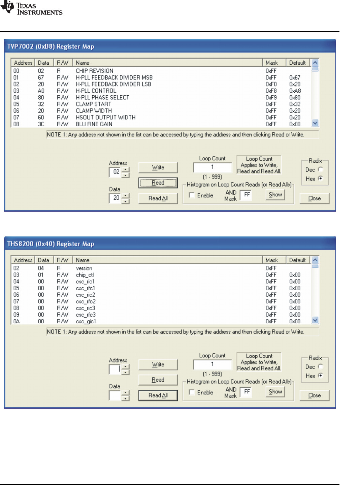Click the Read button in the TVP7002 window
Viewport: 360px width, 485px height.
(x=158, y=183)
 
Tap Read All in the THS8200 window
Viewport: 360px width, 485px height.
(x=158, y=395)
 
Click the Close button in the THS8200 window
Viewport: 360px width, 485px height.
(x=314, y=395)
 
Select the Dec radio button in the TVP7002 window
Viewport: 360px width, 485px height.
(x=320, y=169)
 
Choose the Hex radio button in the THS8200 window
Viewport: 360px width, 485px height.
(x=320, y=376)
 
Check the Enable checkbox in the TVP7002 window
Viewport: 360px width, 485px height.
(x=192, y=195)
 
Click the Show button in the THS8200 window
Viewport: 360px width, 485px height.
(x=275, y=392)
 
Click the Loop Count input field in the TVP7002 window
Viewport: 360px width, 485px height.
(x=212, y=167)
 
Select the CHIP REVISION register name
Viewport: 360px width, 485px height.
(x=95, y=71)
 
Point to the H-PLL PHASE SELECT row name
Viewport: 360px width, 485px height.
(x=102, y=98)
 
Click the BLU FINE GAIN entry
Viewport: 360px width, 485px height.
(x=94, y=124)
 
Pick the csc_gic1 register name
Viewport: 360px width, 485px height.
(x=86, y=321)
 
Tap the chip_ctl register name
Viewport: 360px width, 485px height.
(x=85, y=275)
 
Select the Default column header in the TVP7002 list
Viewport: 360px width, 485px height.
(x=297, y=63)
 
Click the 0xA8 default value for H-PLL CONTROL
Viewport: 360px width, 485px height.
(x=295, y=91)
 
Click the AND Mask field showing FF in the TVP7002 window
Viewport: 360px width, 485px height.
(x=247, y=195)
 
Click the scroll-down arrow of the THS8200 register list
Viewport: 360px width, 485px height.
(x=315, y=320)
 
